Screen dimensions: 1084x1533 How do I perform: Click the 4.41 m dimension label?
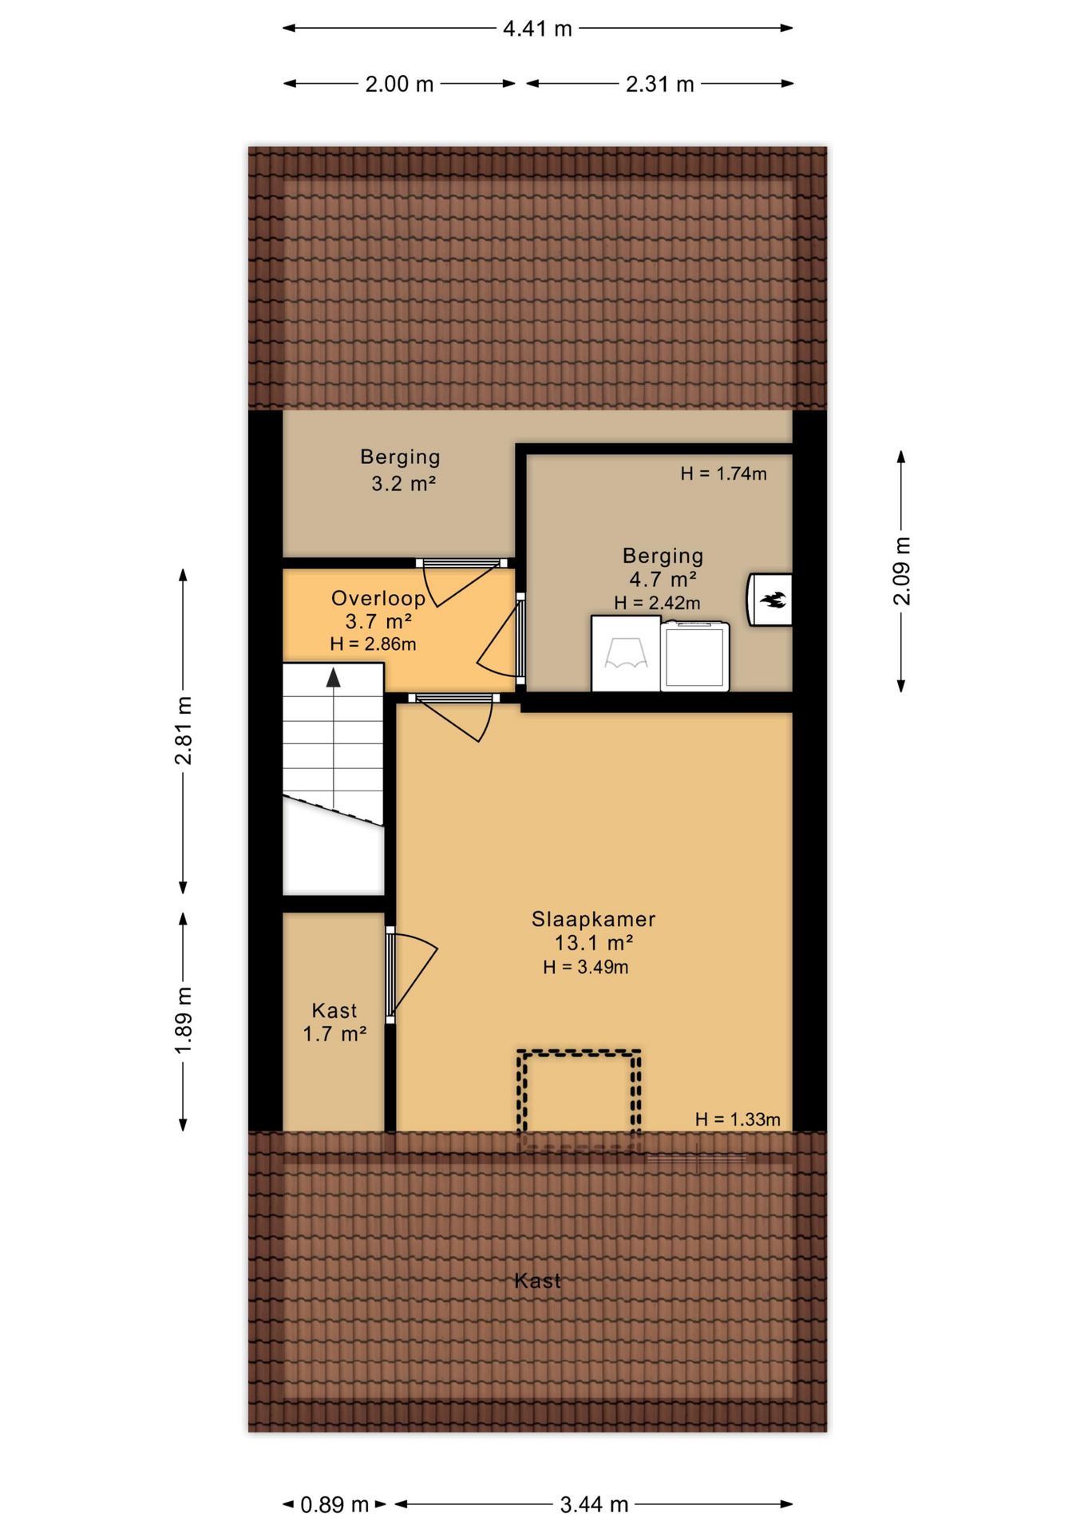click(537, 29)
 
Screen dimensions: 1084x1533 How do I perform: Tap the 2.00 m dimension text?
click(399, 84)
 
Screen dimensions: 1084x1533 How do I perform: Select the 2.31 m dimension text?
click(659, 84)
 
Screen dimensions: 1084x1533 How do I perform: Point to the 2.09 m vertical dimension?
click(901, 571)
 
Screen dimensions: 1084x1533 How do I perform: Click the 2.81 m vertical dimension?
click(184, 731)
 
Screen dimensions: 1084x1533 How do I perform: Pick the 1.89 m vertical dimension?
click(184, 1020)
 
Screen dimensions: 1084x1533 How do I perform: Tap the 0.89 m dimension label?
click(334, 1505)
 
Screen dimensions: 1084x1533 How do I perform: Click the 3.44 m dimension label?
click(594, 1505)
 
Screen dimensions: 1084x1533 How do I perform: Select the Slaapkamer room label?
click(593, 919)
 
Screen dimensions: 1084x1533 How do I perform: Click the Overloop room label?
click(378, 598)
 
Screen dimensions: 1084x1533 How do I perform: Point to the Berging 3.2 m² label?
click(401, 469)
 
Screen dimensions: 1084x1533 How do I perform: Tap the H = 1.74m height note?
click(723, 473)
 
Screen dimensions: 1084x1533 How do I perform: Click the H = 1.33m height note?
click(738, 1119)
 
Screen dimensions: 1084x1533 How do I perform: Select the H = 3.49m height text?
click(585, 968)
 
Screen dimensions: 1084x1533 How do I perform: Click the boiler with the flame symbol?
click(769, 600)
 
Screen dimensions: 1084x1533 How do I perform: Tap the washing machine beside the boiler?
click(695, 656)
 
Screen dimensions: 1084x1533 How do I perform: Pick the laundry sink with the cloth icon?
click(626, 653)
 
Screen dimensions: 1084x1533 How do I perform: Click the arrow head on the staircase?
click(334, 678)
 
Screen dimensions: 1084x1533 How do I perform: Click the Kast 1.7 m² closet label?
click(334, 1023)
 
